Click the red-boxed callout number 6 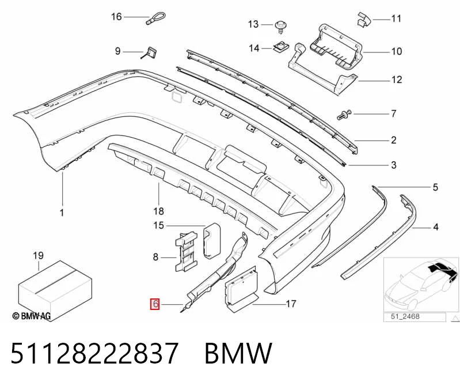(155, 304)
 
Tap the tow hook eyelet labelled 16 (156, 19)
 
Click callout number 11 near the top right (396, 18)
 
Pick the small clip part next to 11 (364, 20)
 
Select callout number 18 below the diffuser (158, 211)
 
